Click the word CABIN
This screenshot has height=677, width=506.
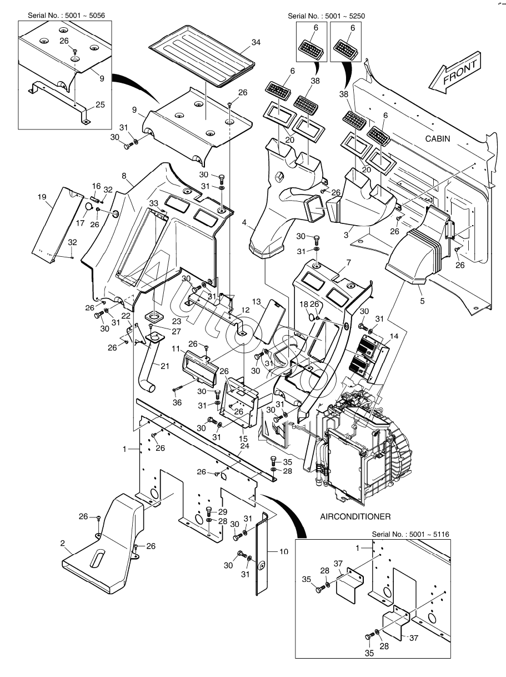(438, 139)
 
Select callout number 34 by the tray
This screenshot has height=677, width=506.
(255, 42)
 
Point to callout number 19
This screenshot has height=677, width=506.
(42, 197)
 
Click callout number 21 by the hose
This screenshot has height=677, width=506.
(165, 366)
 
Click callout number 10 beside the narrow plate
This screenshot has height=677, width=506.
(283, 551)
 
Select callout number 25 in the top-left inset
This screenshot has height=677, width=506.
(100, 104)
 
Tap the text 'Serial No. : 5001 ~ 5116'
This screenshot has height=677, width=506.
(410, 534)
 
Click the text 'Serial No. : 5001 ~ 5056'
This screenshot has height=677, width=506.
(66, 16)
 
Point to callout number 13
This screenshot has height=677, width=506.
(257, 301)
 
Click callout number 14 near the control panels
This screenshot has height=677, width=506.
(394, 336)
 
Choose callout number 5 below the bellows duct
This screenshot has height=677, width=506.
(422, 301)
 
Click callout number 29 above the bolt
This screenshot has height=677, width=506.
(223, 512)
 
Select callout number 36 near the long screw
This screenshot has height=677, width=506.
(177, 402)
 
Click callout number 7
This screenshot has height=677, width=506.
(348, 262)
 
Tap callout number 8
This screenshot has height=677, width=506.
(124, 176)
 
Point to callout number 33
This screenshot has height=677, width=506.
(153, 203)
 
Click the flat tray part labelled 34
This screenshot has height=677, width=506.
(202, 57)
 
